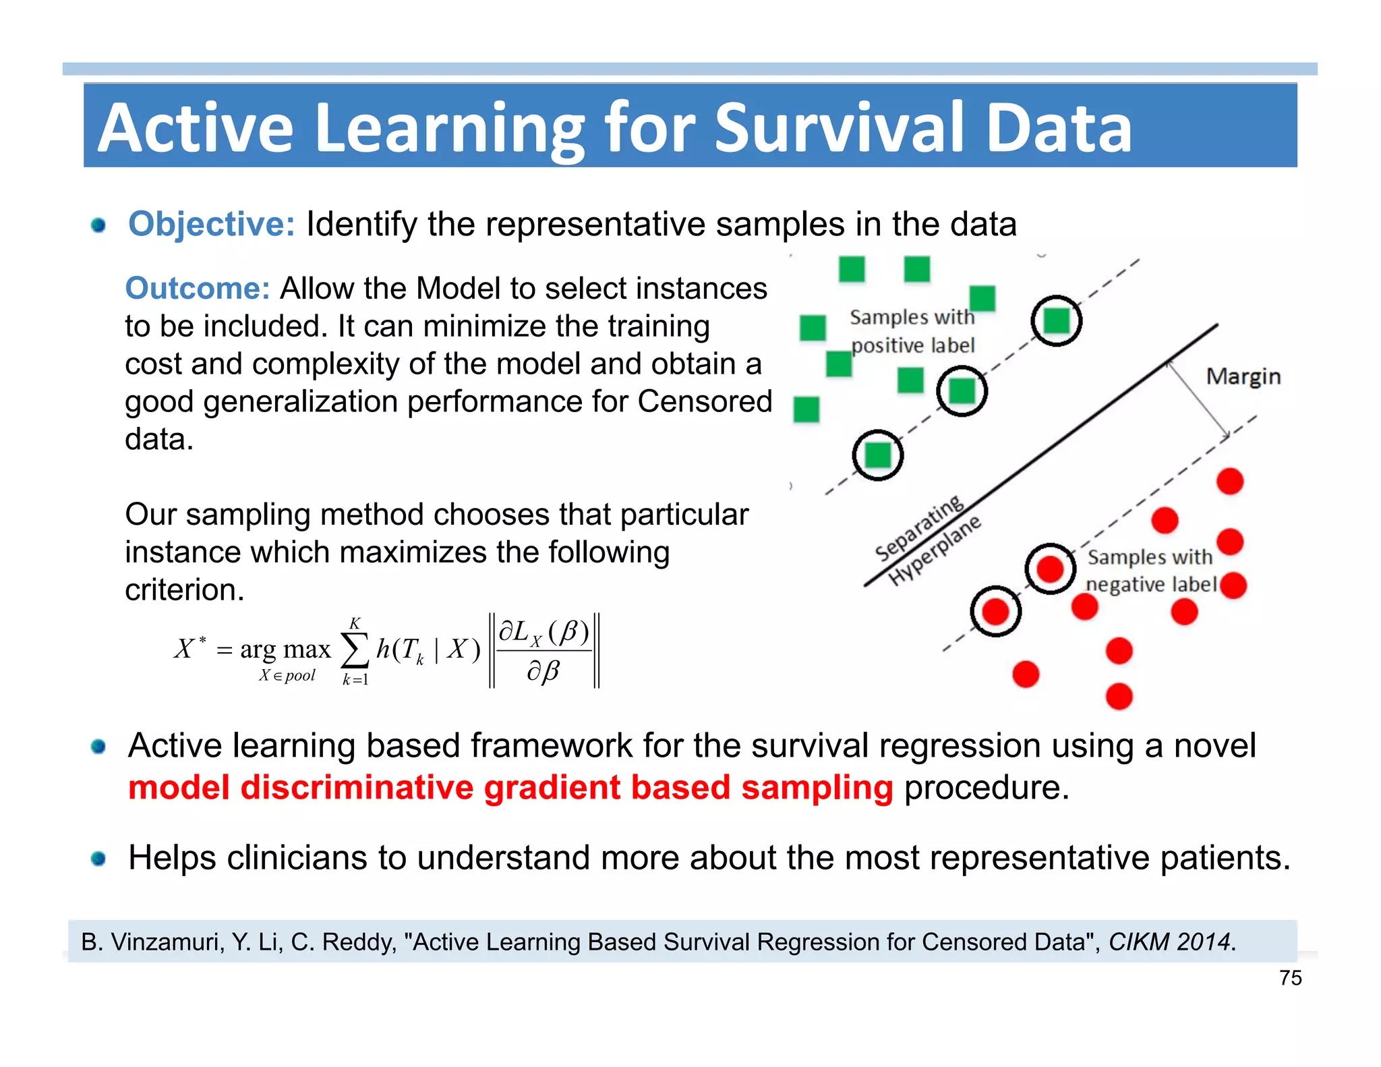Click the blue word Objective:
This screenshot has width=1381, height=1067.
pyautogui.click(x=211, y=225)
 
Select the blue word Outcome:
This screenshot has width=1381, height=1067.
pyautogui.click(x=198, y=289)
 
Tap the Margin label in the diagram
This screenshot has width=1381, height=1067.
pyautogui.click(x=1243, y=376)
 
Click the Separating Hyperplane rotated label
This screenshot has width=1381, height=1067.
pyautogui.click(x=927, y=540)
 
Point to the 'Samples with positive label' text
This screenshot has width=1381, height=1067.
pyautogui.click(x=912, y=331)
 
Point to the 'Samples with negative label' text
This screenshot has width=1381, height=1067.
pyautogui.click(x=1150, y=571)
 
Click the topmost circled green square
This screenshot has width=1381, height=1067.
pyautogui.click(x=1056, y=321)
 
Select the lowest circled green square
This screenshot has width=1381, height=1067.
pyautogui.click(x=877, y=455)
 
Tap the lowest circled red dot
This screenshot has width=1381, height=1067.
pyautogui.click(x=995, y=612)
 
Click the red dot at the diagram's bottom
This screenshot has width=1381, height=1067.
pyautogui.click(x=1119, y=696)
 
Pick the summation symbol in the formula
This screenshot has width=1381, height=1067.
pyautogui.click(x=355, y=650)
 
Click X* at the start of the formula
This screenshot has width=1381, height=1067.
pyautogui.click(x=189, y=648)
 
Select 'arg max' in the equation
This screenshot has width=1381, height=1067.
pyautogui.click(x=285, y=650)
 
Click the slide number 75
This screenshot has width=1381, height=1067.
pyautogui.click(x=1290, y=978)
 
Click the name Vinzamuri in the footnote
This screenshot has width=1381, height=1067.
pyautogui.click(x=166, y=942)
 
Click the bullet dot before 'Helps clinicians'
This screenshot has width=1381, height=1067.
pyautogui.click(x=98, y=859)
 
